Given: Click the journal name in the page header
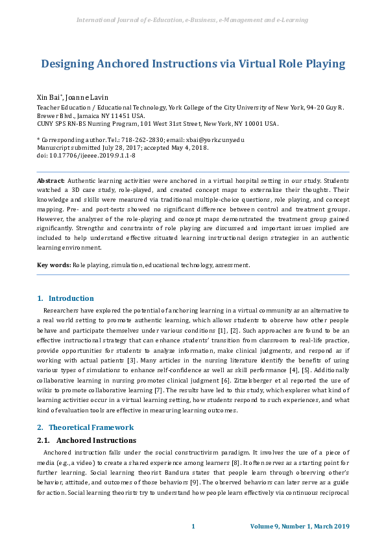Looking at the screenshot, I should tap(193, 20).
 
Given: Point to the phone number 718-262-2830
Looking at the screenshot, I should tap(136, 140).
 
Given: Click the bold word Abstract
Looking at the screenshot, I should tap(51, 180).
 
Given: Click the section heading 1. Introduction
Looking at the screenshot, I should tap(66, 298).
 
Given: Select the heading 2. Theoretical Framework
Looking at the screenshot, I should tap(85, 427).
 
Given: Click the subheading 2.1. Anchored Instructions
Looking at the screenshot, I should tap(86, 440).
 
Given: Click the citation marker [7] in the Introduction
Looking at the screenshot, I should tap(170, 390).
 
